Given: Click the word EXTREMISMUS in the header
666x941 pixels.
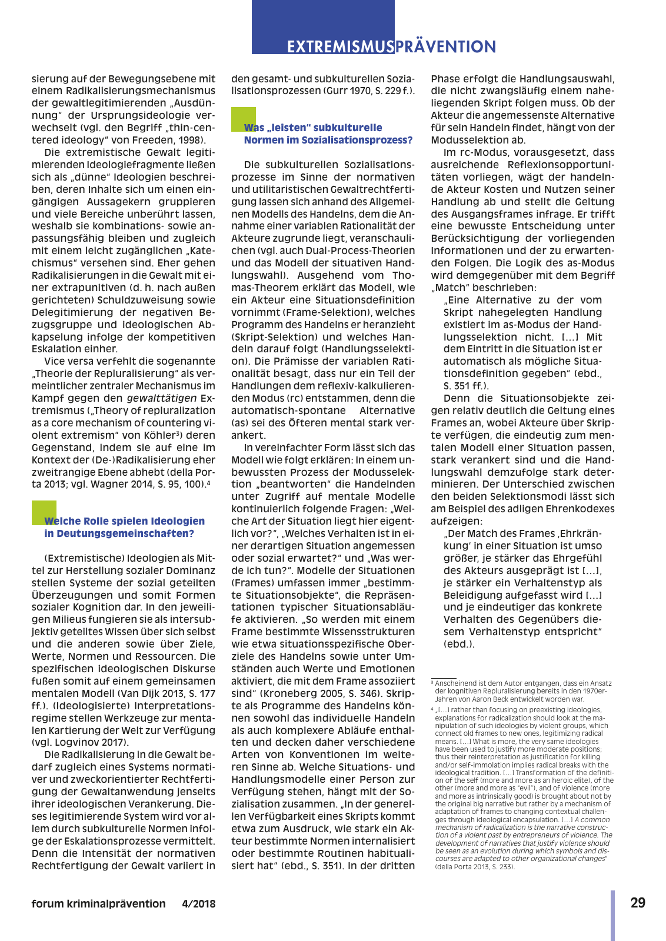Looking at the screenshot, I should click(x=339, y=47).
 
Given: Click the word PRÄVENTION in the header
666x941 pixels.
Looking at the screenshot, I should click(x=445, y=47).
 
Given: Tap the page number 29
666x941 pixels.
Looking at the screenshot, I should click(x=638, y=903).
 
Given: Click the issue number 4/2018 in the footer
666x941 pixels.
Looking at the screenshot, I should click(x=199, y=904).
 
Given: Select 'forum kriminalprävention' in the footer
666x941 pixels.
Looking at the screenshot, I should click(x=98, y=904).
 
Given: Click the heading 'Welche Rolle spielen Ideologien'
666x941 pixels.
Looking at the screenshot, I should click(x=125, y=521).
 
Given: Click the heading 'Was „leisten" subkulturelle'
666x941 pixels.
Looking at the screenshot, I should click(x=313, y=128).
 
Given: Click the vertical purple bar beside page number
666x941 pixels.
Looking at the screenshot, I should click(x=612, y=915).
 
